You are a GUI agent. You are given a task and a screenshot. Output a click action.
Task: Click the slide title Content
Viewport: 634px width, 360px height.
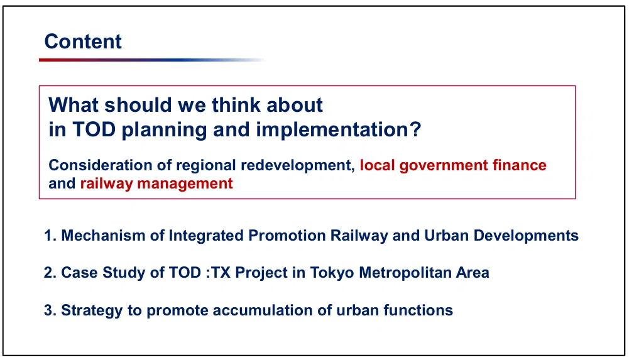[x=83, y=41]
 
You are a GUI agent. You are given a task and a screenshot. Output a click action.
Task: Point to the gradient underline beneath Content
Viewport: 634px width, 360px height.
[x=152, y=60]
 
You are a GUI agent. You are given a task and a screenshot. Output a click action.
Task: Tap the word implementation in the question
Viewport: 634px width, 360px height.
[x=339, y=130]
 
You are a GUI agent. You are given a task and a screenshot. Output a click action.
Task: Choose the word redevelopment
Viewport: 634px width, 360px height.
[x=298, y=165]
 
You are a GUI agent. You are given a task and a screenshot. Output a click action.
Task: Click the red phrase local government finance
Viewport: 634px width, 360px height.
[x=453, y=165]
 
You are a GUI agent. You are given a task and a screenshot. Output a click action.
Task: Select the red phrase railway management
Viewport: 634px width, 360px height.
[x=156, y=183]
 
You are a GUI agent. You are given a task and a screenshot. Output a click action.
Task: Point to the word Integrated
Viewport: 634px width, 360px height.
[x=206, y=236]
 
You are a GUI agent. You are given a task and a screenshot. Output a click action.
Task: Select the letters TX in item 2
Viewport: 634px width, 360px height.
[x=221, y=273]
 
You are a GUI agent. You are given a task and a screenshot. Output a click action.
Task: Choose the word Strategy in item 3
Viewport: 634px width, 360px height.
[x=92, y=310]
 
